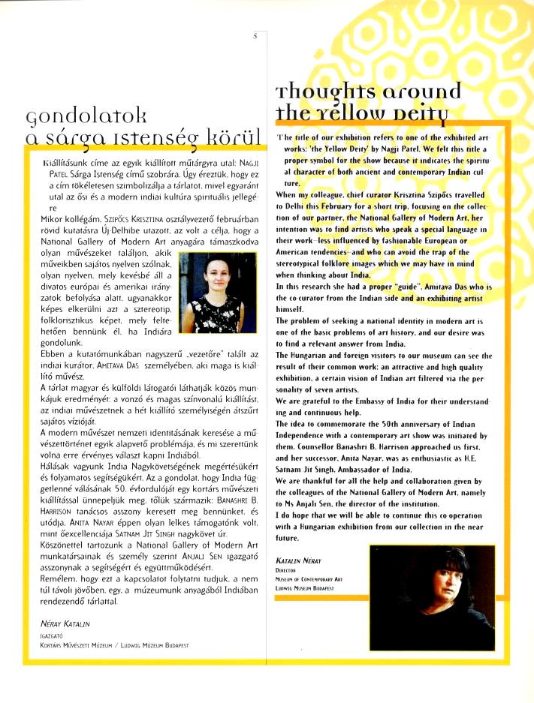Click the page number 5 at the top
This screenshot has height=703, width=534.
pyautogui.click(x=256, y=35)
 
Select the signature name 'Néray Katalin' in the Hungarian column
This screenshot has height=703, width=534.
pyautogui.click(x=65, y=623)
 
